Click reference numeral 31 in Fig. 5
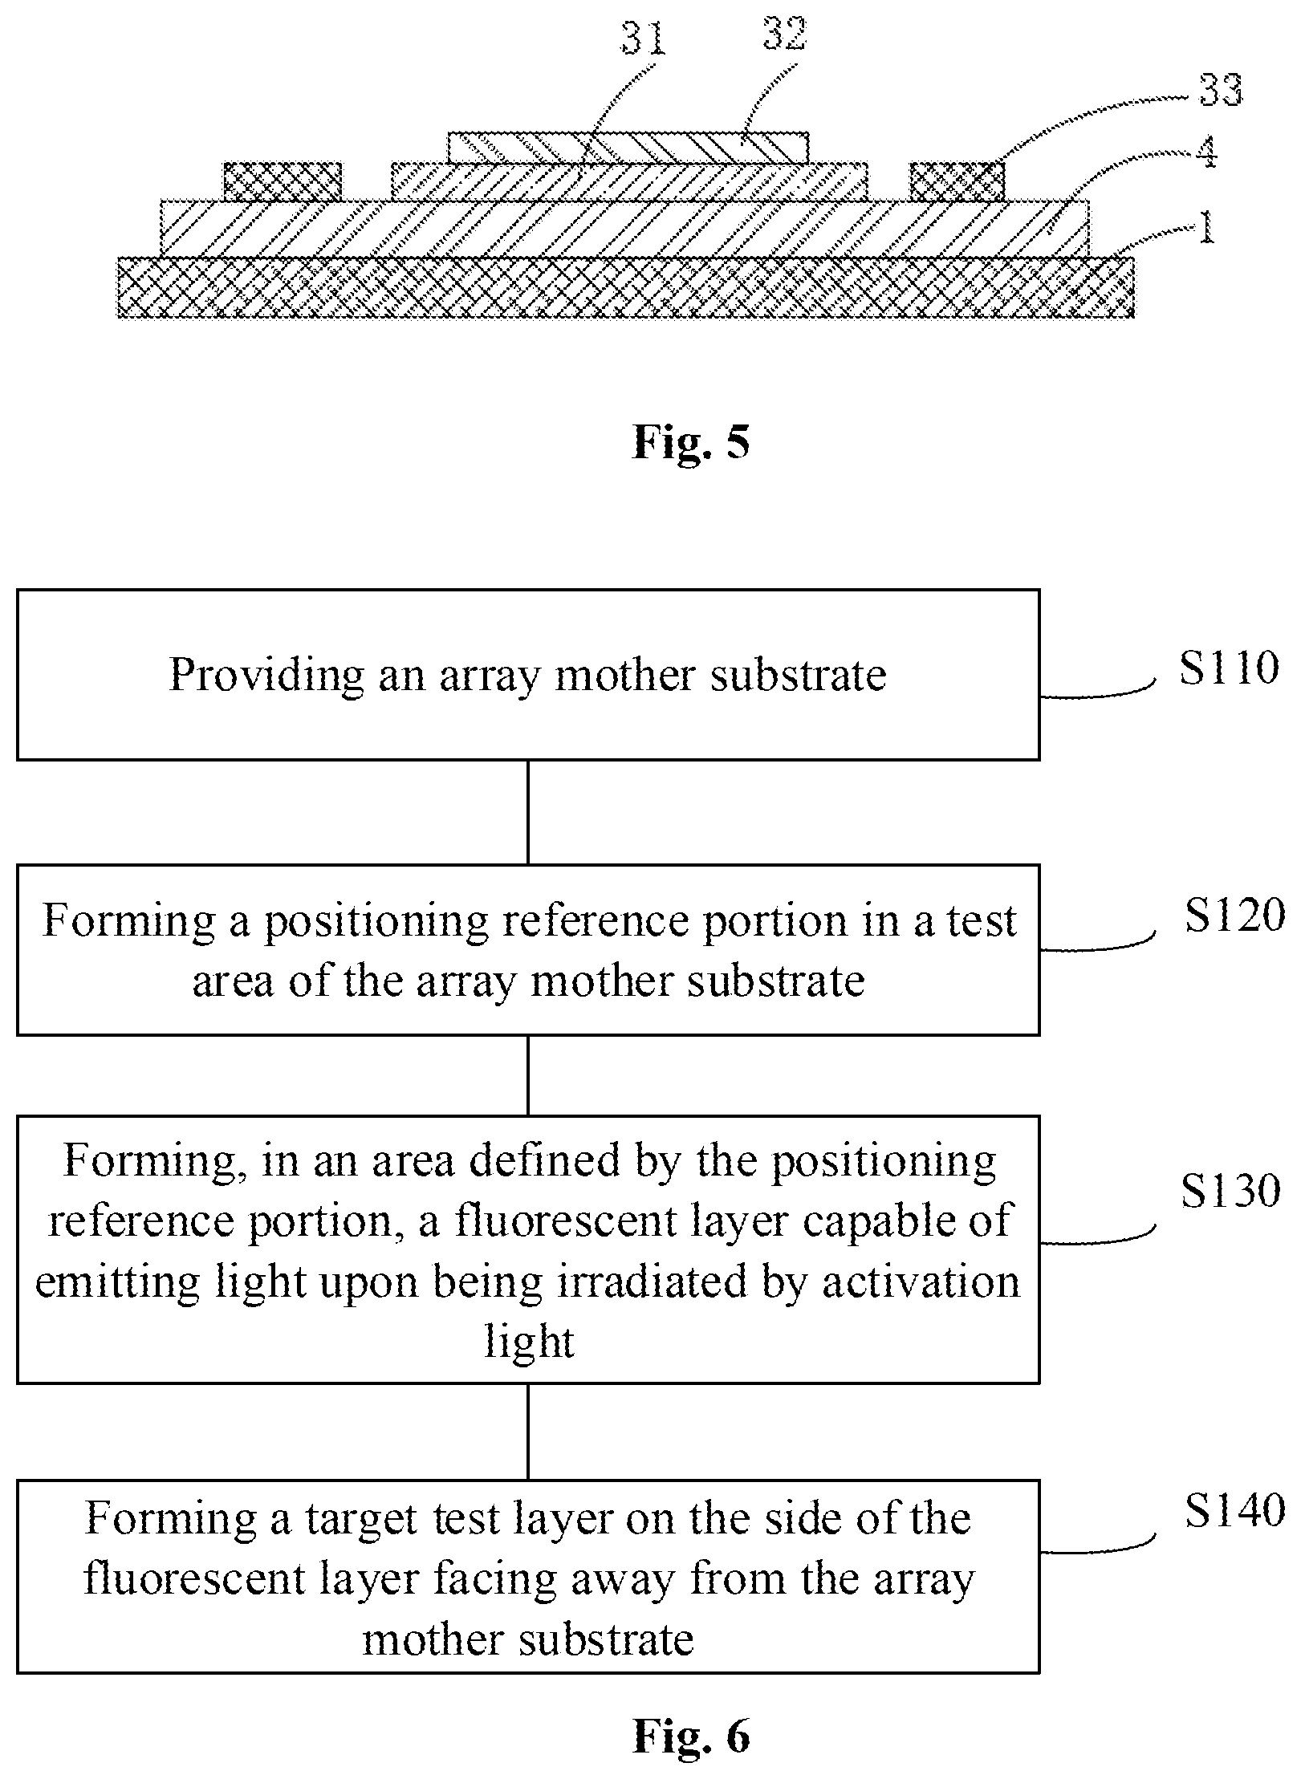coord(644,38)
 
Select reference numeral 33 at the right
coord(1221,91)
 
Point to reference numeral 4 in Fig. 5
coord(1205,153)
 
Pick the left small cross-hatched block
coord(283,182)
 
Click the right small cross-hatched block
coord(957,182)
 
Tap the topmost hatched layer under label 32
coord(628,148)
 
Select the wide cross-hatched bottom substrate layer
coord(626,287)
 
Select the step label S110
coord(1229,668)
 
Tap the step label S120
coord(1234,916)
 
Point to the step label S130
coord(1230,1191)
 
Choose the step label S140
coord(1234,1511)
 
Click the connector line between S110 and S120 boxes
coord(528,812)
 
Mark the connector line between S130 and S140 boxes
coord(528,1432)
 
